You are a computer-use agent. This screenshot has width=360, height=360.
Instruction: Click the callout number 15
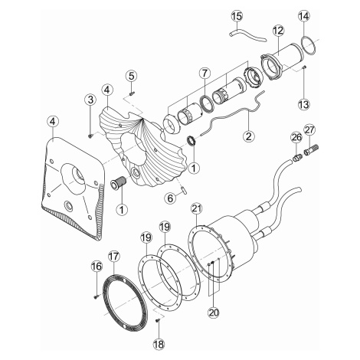pos(237,16)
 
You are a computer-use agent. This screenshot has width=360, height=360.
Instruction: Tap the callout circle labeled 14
pos(304,16)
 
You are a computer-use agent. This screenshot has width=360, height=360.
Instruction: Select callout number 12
pos(278,31)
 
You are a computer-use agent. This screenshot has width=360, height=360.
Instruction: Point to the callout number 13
pos(304,104)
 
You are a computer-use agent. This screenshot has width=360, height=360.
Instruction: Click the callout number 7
pos(205,74)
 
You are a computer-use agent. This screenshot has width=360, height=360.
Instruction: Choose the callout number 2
pos(249,136)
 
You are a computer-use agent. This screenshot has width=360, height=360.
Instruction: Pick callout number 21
pos(197,209)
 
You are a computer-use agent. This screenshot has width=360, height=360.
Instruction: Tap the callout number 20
pos(214,312)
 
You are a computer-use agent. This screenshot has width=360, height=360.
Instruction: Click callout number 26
pos(296,138)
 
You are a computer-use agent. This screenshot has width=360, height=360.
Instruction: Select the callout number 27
pos(309,130)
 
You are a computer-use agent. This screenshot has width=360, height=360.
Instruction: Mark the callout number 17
pos(113,256)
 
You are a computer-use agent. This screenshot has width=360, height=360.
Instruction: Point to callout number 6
pos(170,198)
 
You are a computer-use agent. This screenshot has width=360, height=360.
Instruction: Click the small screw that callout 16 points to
pos(97,296)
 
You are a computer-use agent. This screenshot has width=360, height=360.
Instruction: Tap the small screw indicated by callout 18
pos(158,319)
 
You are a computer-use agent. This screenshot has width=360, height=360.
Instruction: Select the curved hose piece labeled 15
pos(247,37)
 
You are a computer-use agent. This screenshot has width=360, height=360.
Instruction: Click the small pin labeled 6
pos(184,191)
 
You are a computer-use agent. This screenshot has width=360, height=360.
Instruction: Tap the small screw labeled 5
pos(133,93)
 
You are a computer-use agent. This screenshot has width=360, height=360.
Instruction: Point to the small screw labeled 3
pos(90,136)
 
